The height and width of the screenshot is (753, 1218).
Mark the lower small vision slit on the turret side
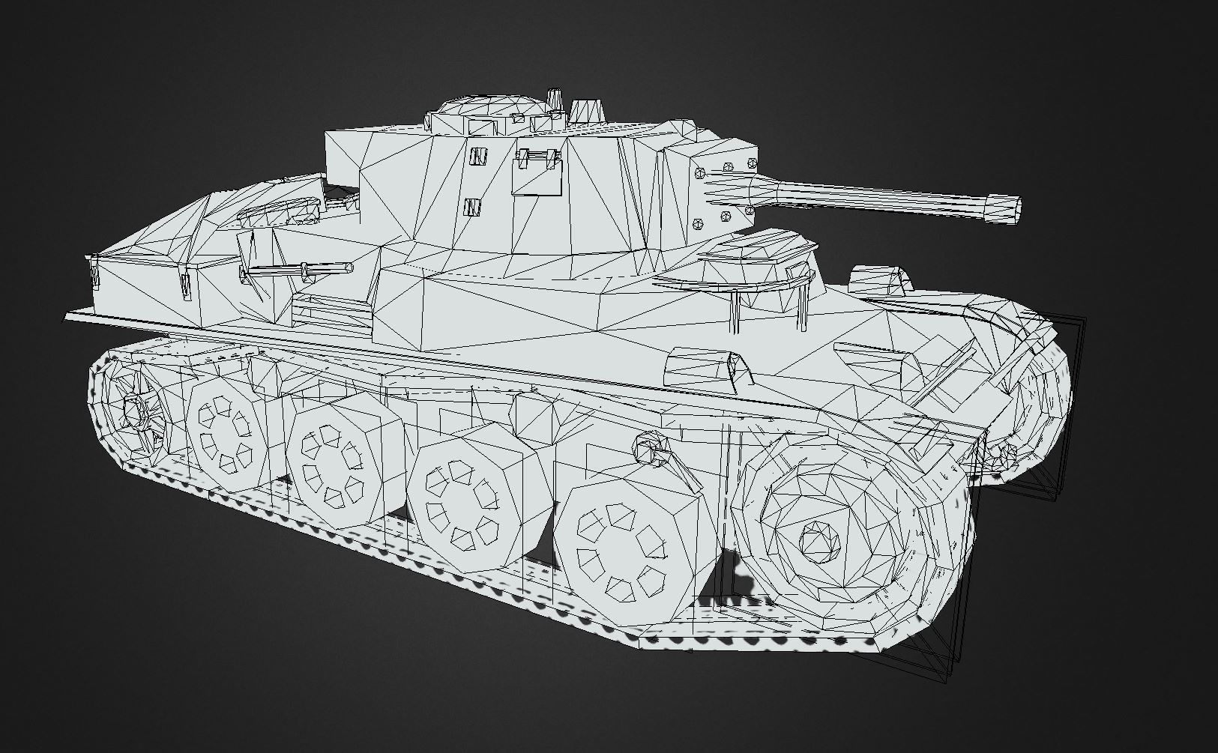click(x=472, y=207)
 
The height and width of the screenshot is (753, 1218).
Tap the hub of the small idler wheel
click(x=135, y=411)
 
